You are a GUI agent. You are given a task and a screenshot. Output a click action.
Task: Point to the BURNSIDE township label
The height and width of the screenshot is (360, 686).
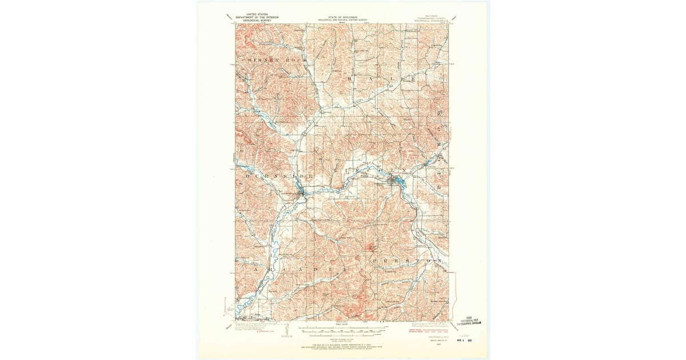pos(274,177)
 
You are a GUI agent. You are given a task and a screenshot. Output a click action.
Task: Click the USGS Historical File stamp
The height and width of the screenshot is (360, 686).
pos(472,321)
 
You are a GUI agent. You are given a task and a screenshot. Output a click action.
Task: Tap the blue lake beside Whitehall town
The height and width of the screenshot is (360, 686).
pos(400,183)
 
